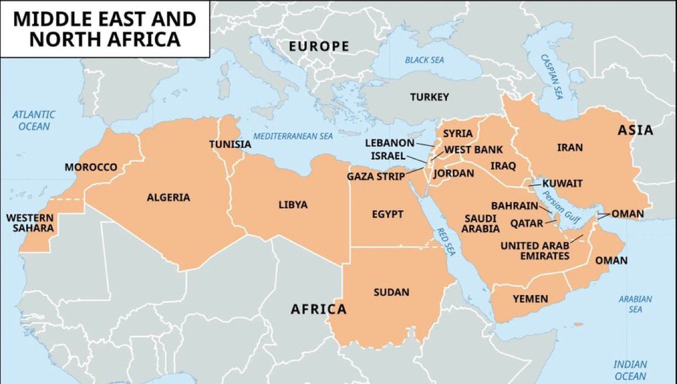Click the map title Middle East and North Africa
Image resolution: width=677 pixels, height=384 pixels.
pyautogui.click(x=104, y=29)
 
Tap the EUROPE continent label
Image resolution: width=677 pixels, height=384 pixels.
pyautogui.click(x=319, y=46)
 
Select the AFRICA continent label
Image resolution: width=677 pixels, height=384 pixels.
pyautogui.click(x=318, y=309)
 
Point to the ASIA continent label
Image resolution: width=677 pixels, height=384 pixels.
pyautogui.click(x=635, y=130)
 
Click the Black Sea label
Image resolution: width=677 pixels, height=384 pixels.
pyautogui.click(x=424, y=60)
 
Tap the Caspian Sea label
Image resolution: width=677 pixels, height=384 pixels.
pyautogui.click(x=551, y=76)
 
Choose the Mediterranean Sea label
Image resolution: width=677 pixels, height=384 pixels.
pyautogui.click(x=293, y=136)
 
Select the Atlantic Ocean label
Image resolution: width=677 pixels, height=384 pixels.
pyautogui.click(x=34, y=120)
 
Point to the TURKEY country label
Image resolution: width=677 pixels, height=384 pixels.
pyautogui.click(x=429, y=97)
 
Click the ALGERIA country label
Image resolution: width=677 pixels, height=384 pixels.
pyautogui.click(x=169, y=198)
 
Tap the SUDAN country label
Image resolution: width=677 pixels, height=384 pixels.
pyautogui.click(x=391, y=292)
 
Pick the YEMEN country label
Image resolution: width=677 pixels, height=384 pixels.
pyautogui.click(x=530, y=299)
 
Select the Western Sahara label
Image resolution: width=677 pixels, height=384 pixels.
pyautogui.click(x=30, y=223)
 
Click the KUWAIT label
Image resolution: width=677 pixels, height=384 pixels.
pyautogui.click(x=562, y=184)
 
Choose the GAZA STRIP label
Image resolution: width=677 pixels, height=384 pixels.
pyautogui.click(x=376, y=177)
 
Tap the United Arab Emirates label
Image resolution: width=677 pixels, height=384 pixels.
pyautogui.click(x=535, y=251)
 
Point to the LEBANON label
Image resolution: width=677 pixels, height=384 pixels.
pyautogui.click(x=389, y=143)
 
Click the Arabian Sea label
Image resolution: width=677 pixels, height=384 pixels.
pyautogui.click(x=635, y=304)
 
